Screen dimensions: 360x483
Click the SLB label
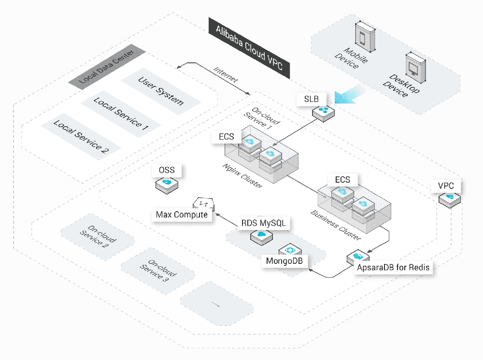311,99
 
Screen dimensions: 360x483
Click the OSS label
167,170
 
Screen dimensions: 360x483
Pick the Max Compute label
182,214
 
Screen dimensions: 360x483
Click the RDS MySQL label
261,224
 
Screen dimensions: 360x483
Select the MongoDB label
283,261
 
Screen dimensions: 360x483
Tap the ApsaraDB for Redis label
393,267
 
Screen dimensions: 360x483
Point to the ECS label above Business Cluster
342,180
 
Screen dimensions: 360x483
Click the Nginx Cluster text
236,176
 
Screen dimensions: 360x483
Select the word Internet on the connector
226,75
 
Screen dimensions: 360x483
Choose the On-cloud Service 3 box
157,270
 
